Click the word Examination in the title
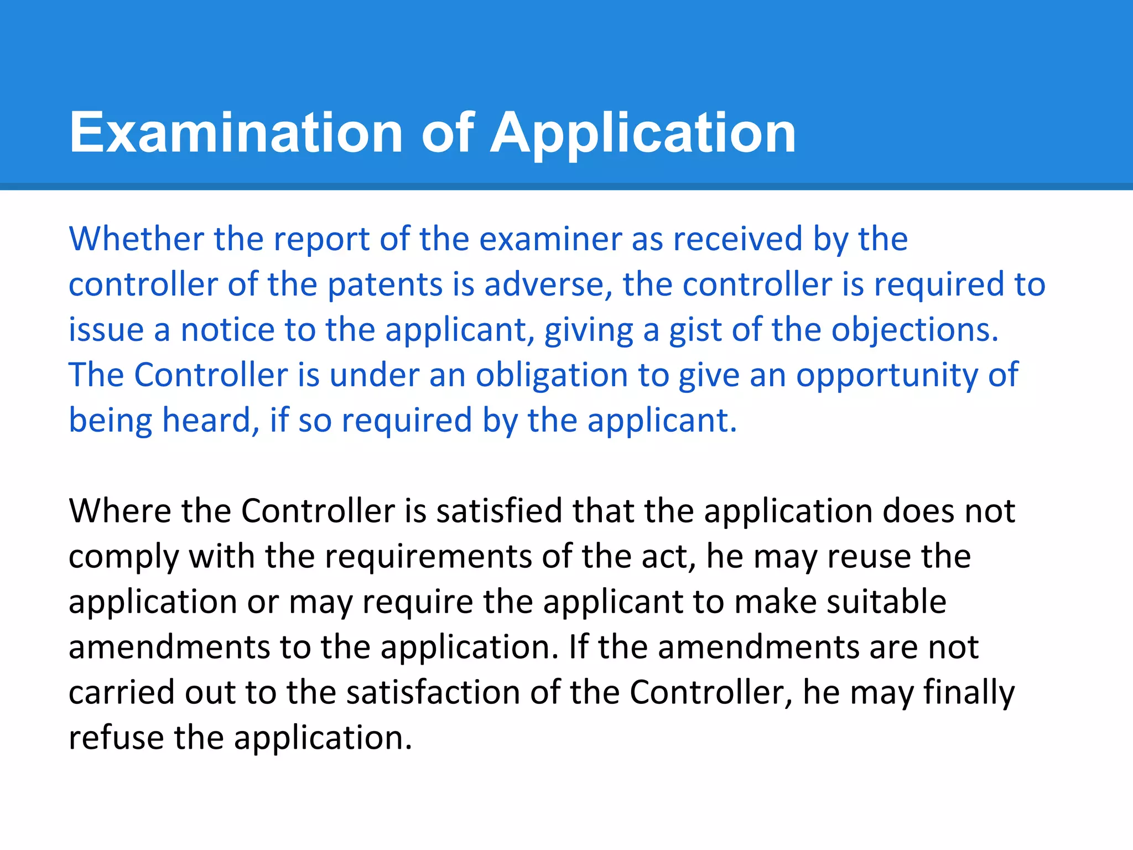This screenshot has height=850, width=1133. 236,133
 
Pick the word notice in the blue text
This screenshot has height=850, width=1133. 228,330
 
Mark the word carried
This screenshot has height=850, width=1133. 121,692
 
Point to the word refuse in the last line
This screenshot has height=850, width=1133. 116,738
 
